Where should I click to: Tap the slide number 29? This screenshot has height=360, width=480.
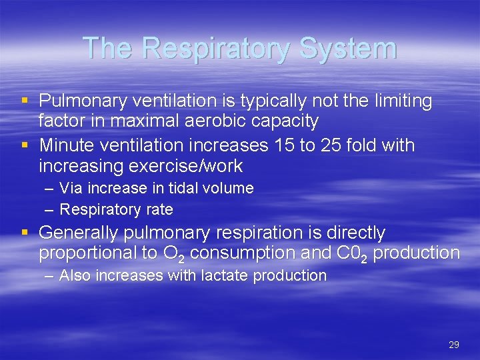[454, 345]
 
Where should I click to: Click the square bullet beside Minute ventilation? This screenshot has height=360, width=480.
[25, 145]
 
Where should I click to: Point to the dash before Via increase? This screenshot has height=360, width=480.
[50, 189]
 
